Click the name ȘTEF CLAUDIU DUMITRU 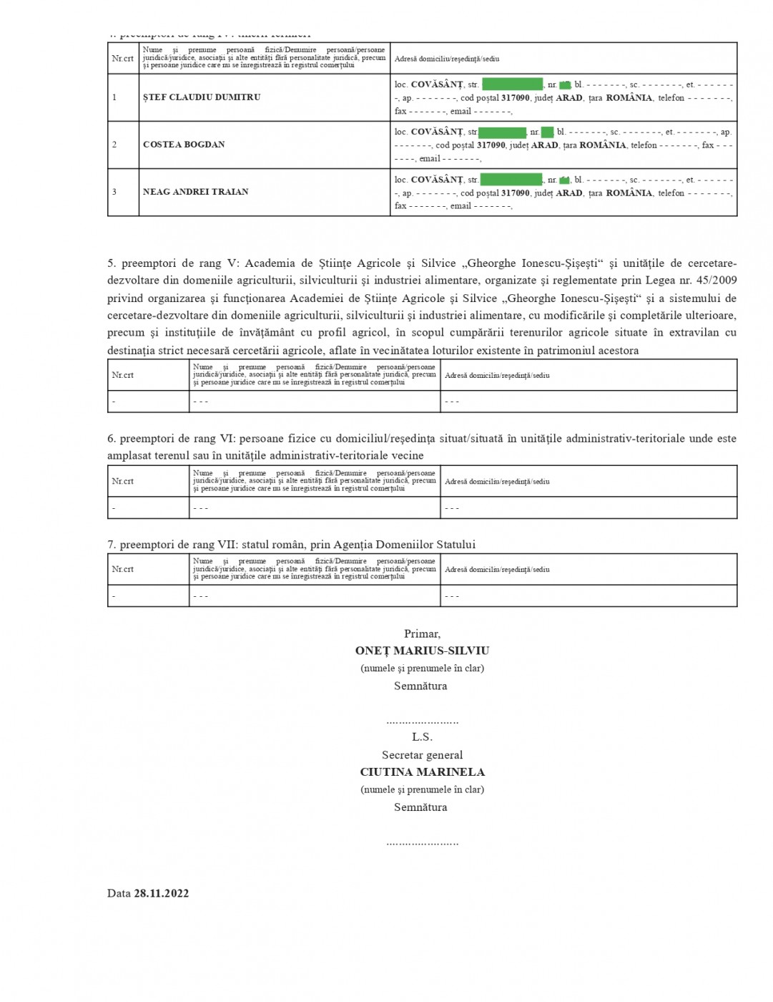[202, 97]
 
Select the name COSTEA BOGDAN [184, 145]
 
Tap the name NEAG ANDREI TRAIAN [196, 192]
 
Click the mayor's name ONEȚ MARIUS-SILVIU [422, 651]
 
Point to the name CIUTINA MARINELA [422, 772]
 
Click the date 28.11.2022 [162, 893]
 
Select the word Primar [422, 633]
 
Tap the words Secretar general [422, 755]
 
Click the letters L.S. [422, 737]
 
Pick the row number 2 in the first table [114, 145]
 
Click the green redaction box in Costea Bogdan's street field [503, 132]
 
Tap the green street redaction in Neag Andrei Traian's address [511, 180]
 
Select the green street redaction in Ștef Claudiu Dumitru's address [512, 84]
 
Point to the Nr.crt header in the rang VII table [123, 570]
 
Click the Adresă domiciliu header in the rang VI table [497, 482]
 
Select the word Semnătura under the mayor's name [420, 686]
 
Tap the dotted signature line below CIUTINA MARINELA [422, 843]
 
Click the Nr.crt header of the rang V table [123, 375]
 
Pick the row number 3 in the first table [114, 192]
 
